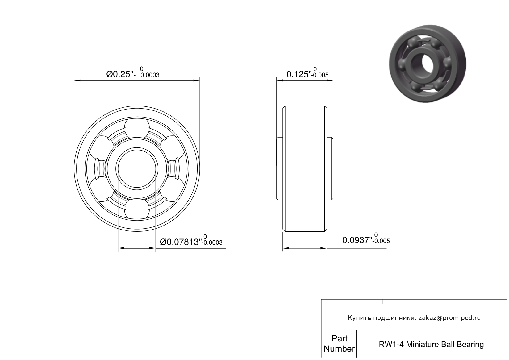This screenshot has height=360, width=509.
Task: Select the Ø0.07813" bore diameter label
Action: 181,242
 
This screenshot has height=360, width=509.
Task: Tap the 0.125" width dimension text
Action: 299,74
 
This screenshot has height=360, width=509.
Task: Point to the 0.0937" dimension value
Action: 357,240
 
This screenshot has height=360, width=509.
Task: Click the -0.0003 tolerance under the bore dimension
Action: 212,243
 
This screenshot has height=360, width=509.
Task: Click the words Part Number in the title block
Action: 339,344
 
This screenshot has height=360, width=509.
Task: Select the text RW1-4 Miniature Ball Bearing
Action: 431,344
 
